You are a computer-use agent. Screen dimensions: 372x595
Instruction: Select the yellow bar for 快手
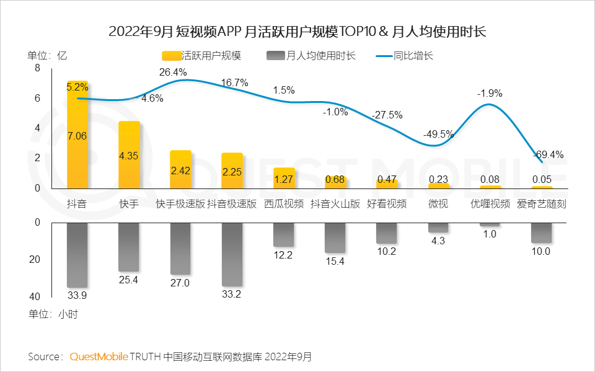coord(129,155)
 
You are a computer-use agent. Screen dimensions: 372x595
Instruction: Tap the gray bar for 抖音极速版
coord(232,254)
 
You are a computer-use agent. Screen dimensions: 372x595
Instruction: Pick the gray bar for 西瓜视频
coord(284,234)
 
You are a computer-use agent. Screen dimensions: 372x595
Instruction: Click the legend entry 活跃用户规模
coord(201,56)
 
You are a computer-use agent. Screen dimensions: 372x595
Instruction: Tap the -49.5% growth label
coord(438,134)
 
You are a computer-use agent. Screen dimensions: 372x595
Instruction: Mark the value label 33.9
coord(77,294)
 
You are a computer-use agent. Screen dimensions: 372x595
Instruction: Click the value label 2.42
coord(180,172)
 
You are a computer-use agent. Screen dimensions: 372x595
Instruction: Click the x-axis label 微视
coord(438,204)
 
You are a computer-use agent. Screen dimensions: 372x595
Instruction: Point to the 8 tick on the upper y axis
coord(37,68)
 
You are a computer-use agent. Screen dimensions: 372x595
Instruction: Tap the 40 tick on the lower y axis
coord(35,296)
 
